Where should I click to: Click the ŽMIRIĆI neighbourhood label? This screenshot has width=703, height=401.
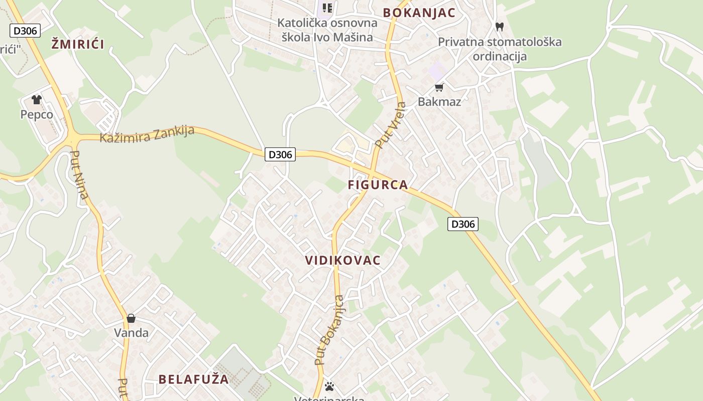click(x=78, y=44)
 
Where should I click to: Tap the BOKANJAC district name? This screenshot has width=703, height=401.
click(x=419, y=13)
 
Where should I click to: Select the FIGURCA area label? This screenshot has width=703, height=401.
click(x=378, y=184)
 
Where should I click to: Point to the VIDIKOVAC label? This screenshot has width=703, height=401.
click(x=343, y=260)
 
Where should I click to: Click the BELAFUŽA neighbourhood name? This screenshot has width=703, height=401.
click(x=194, y=379)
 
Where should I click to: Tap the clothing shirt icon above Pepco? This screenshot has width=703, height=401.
click(x=36, y=99)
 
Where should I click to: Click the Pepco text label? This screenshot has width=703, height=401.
click(x=37, y=114)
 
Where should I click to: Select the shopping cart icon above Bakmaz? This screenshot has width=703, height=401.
click(x=439, y=88)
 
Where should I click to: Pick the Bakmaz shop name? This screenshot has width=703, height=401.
click(x=439, y=102)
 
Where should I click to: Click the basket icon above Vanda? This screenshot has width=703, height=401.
click(x=131, y=318)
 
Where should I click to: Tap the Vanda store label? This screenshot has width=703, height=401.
click(x=131, y=333)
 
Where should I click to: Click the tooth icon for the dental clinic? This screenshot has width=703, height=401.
click(x=499, y=27)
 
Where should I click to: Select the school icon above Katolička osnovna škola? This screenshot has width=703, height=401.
click(x=327, y=8)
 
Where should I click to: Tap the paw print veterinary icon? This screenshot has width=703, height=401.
click(x=329, y=386)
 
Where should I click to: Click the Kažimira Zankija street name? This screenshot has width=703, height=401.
click(x=147, y=134)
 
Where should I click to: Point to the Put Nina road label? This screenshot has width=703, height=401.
click(x=79, y=175)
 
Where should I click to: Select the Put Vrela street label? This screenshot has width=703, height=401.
click(x=391, y=125)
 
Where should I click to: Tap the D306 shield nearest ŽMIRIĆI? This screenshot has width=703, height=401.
click(x=25, y=31)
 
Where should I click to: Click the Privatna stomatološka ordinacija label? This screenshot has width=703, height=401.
click(x=500, y=49)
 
